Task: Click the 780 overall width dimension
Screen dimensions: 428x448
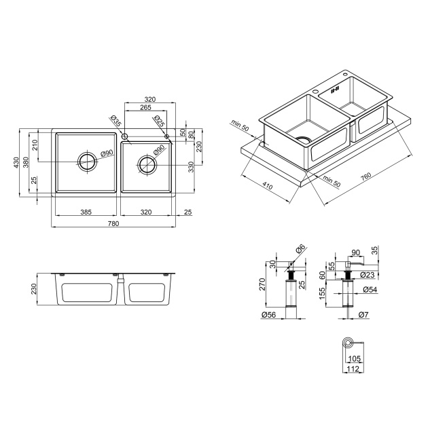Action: (x=113, y=223)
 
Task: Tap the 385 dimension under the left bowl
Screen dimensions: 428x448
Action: (x=86, y=212)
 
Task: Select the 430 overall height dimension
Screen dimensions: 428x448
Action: (x=16, y=163)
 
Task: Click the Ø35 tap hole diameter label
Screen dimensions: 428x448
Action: (x=115, y=121)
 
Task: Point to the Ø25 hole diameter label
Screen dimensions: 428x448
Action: (x=159, y=121)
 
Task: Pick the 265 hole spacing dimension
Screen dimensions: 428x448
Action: (x=146, y=107)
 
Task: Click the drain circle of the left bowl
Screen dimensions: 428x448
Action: (x=88, y=162)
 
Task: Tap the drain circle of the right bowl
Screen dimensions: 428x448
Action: (x=147, y=164)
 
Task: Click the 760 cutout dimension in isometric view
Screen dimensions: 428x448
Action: (x=365, y=176)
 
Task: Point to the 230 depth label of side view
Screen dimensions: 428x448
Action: (x=34, y=289)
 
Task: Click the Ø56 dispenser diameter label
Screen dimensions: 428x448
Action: (x=268, y=315)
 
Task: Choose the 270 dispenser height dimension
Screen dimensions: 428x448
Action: (x=262, y=284)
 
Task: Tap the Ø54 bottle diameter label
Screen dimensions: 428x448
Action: (x=370, y=290)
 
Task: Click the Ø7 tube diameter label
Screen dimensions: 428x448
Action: (x=363, y=315)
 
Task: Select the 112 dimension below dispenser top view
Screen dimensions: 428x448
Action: (x=353, y=369)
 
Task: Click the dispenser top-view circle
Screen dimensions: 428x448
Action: (x=348, y=342)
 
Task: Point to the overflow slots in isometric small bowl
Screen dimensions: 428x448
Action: (x=334, y=90)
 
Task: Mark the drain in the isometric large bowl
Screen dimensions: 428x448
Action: (x=304, y=140)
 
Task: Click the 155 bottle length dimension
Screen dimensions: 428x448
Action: (x=323, y=293)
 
